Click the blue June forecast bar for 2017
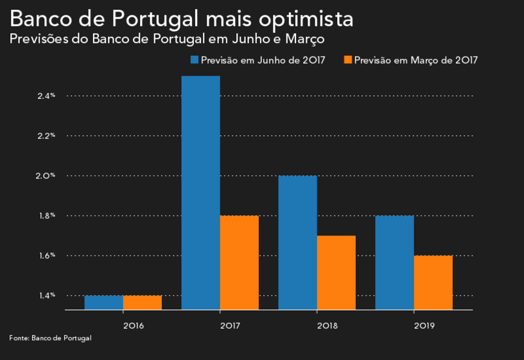201,193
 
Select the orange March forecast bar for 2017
240,262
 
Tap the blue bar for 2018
297,243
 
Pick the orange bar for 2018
336,273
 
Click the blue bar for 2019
394,262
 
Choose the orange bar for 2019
433,282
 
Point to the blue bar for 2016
104,302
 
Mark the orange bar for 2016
143,302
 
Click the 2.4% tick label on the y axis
46,96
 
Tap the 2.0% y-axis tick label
46,176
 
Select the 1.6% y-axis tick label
46,255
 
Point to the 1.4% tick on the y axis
46,295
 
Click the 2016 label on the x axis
134,325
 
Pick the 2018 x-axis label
327,325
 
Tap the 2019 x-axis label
424,325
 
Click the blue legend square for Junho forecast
194,60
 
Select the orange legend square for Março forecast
348,60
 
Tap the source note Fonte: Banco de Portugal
50,338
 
